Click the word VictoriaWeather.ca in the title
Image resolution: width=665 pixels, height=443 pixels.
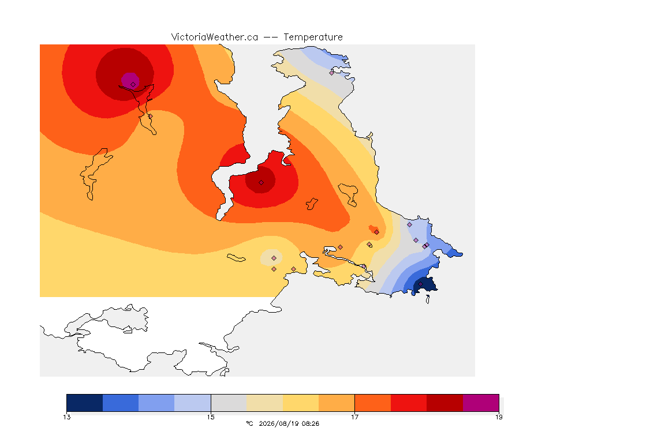pyautogui.click(x=215, y=37)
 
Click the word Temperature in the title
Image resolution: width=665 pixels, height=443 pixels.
pyautogui.click(x=313, y=37)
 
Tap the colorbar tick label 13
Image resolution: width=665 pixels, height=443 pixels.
pyautogui.click(x=67, y=417)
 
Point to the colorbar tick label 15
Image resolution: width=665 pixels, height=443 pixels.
pyautogui.click(x=211, y=417)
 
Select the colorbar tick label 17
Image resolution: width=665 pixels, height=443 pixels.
pyautogui.click(x=354, y=417)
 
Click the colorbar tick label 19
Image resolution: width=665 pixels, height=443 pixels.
pyautogui.click(x=499, y=417)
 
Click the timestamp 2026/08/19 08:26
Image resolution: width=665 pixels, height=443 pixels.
pyautogui.click(x=289, y=423)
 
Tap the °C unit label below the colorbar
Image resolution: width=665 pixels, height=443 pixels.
pyautogui.click(x=249, y=423)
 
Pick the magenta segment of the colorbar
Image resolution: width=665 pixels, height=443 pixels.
pyautogui.click(x=480, y=403)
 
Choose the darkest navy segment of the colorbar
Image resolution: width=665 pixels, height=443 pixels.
pyautogui.click(x=85, y=403)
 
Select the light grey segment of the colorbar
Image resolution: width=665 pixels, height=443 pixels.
pyautogui.click(x=229, y=403)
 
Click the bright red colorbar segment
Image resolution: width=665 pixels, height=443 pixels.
pyautogui.click(x=409, y=403)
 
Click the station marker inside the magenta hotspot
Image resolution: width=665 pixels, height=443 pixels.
pyautogui.click(x=133, y=84)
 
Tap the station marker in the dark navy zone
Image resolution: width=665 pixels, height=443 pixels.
pyautogui.click(x=421, y=284)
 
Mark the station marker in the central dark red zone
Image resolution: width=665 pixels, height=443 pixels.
pyautogui.click(x=261, y=183)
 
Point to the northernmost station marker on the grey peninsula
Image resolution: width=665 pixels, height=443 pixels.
pyautogui.click(x=332, y=73)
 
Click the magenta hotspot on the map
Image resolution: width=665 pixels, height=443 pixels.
pyautogui.click(x=130, y=81)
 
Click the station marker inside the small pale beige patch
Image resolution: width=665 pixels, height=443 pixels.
pyautogui.click(x=274, y=258)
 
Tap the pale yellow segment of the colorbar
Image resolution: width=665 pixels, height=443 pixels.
pyautogui.click(x=301, y=403)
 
